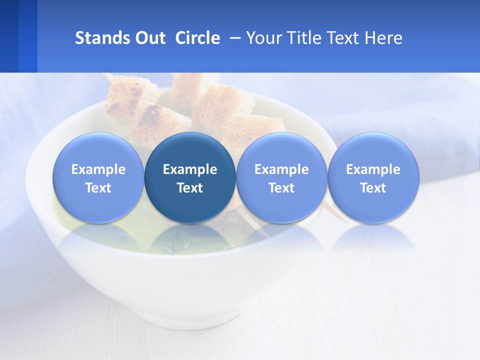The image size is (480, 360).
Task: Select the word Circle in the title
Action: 197,38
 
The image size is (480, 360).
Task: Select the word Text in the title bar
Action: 343,38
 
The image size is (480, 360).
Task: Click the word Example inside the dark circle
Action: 190,169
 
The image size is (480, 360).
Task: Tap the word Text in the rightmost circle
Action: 373,188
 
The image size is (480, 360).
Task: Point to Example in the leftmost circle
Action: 98,169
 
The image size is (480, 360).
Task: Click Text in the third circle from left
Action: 281,188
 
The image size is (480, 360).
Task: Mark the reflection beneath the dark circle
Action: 190,238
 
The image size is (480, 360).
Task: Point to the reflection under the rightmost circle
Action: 373,238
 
